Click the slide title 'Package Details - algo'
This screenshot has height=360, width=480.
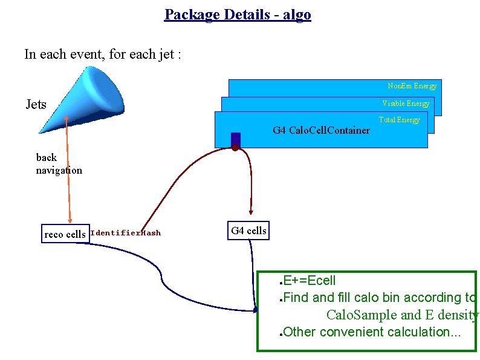coord(237,15)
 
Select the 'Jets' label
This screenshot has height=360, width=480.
coord(36,105)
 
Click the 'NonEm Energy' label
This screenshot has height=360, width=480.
coord(412,86)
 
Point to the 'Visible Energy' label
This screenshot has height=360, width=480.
coord(406,103)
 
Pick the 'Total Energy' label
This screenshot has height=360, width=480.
coord(399,120)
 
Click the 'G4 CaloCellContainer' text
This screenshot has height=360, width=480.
coord(321,130)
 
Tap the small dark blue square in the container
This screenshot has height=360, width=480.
coord(236,139)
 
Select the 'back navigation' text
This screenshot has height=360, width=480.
coord(59,164)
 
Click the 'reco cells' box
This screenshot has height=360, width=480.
coord(65,234)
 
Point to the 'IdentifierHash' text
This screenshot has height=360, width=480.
coord(125,233)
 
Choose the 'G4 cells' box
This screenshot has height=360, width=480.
coord(248,231)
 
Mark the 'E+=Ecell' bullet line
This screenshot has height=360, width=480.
coord(309,281)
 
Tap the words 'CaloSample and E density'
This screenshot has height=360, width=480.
coord(402,315)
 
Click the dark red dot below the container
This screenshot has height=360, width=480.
coord(235,148)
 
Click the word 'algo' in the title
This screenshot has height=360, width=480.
coord(296,15)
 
